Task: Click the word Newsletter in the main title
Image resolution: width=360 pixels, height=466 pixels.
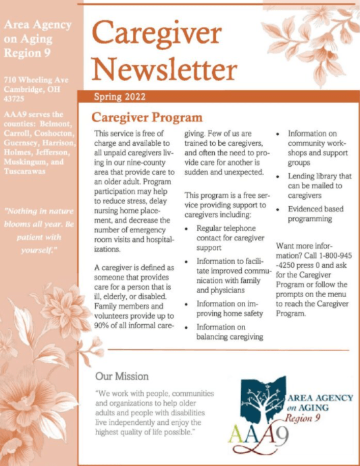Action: [164, 70]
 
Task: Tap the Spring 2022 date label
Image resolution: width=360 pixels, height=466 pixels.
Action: [120, 97]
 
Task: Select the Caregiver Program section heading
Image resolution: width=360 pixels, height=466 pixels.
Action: [147, 118]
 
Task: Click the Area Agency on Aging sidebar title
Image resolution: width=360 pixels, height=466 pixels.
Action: [36, 38]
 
